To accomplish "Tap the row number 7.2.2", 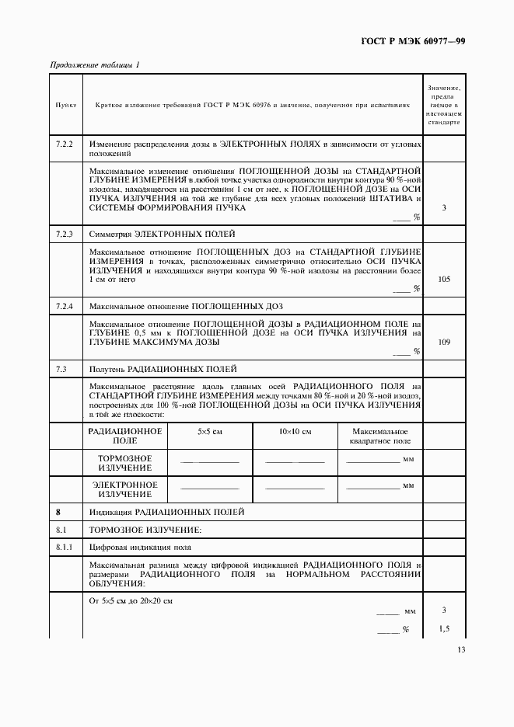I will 65,144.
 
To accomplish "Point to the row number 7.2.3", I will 65,234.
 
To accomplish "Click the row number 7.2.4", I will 65,306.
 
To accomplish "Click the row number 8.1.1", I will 65,548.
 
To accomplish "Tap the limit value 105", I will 444,279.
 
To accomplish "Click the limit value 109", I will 444,342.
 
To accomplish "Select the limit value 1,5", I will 444,628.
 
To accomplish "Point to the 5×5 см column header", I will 210,431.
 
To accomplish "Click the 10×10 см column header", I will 295,431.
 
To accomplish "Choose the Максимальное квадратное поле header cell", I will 380,435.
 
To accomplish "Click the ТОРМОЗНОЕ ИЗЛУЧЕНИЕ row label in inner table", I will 124,463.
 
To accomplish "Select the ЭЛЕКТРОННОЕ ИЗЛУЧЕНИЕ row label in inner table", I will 124,489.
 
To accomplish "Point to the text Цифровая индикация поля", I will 140,548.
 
